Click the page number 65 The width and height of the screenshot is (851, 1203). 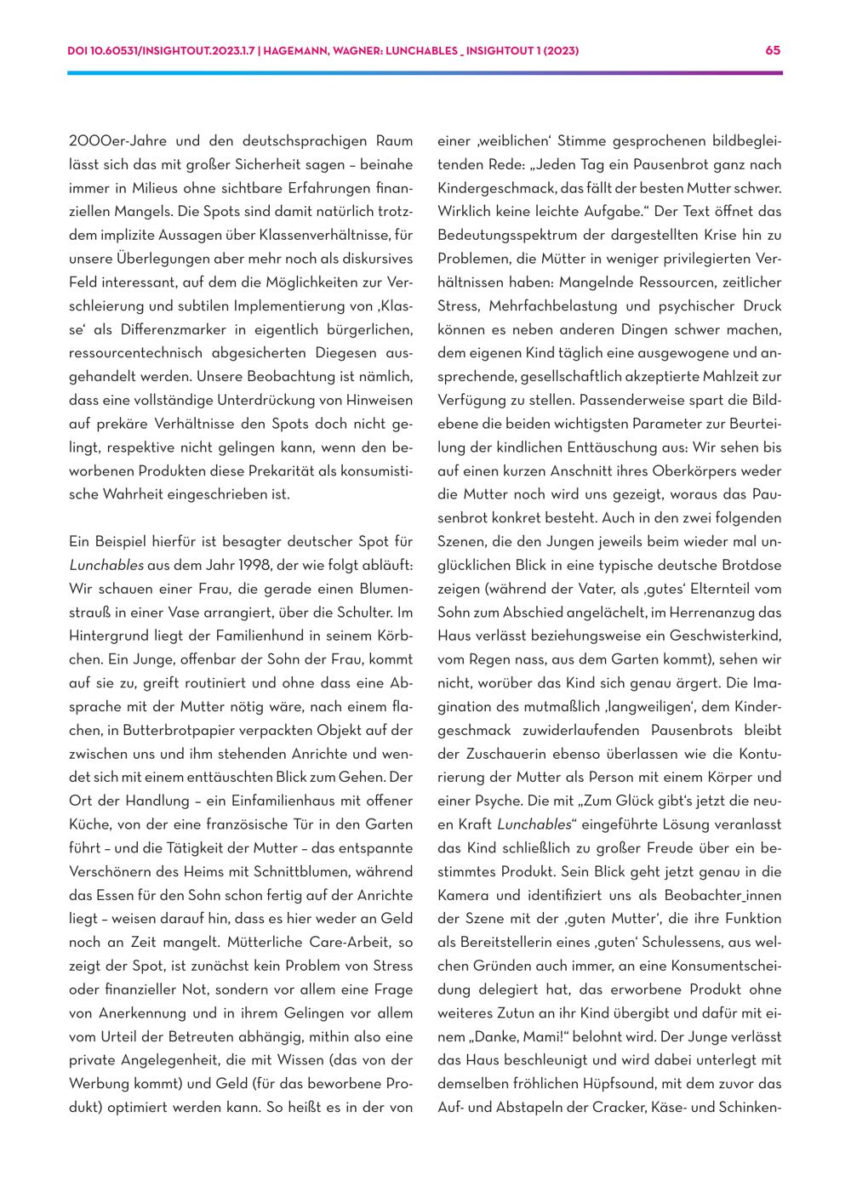(x=773, y=50)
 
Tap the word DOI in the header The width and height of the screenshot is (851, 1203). (x=78, y=51)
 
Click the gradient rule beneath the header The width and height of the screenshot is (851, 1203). (x=425, y=73)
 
